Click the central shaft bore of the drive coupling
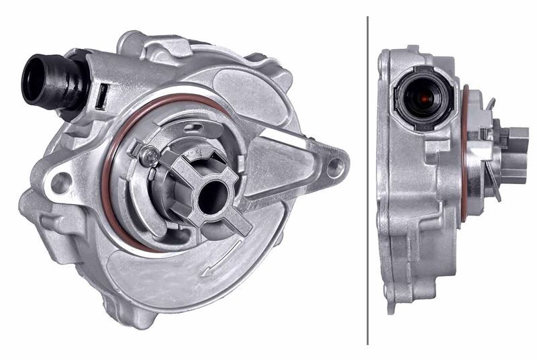(x=212, y=195)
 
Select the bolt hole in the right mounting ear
(x=334, y=166)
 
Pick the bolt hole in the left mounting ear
(x=61, y=181)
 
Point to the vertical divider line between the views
(x=368, y=180)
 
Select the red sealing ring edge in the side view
(x=463, y=154)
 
